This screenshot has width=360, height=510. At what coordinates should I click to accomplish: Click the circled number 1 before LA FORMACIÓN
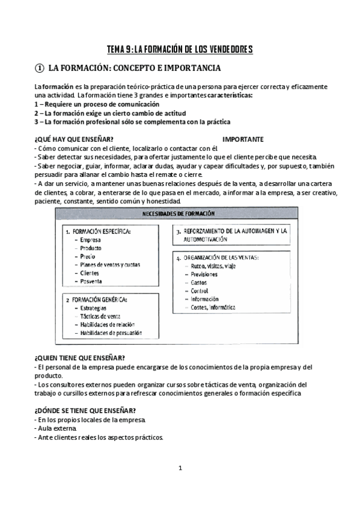click(39, 69)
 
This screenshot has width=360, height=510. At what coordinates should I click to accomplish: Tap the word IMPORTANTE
click(242, 140)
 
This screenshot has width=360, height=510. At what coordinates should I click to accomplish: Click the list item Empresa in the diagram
click(91, 240)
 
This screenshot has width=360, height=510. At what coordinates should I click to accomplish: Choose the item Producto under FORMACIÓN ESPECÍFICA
click(91, 248)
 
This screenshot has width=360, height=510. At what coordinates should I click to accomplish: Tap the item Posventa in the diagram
click(91, 281)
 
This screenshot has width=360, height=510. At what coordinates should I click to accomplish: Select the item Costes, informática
click(213, 307)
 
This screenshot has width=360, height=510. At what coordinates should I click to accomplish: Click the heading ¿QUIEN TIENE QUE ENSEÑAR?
click(79, 357)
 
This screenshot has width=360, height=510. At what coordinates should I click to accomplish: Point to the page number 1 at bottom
click(180, 468)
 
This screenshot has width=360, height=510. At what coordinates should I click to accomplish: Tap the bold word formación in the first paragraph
click(58, 87)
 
